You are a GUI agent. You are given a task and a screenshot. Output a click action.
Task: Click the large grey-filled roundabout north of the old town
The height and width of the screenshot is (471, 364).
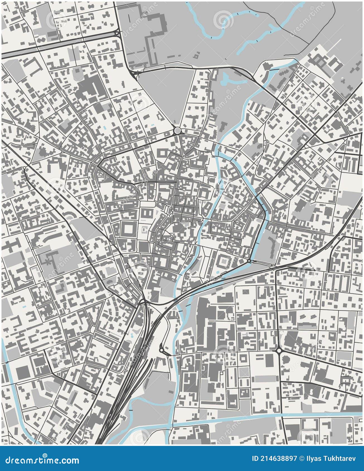pos(177,130)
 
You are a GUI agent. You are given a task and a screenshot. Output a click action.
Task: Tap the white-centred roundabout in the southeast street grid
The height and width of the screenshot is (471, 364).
pos(279,350)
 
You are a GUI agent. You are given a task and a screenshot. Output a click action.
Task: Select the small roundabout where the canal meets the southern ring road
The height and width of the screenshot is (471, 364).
pos(249,261)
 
